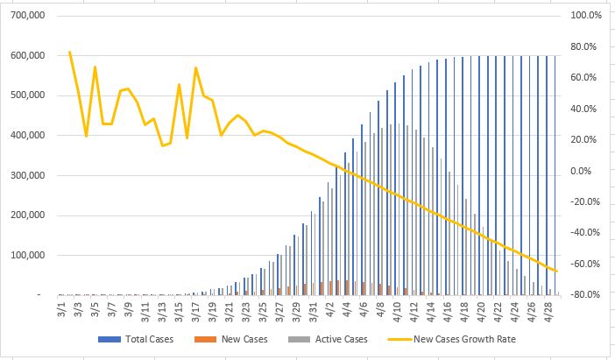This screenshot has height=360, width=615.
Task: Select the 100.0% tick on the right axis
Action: coord(585,16)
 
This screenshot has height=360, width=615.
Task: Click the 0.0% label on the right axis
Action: coord(588,171)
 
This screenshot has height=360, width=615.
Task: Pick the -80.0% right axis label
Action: coord(585,295)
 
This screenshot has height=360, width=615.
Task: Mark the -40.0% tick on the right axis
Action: coord(585,233)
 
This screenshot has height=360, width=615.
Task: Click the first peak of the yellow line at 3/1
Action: coord(70,53)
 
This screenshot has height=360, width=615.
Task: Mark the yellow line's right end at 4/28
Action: coord(557,271)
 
